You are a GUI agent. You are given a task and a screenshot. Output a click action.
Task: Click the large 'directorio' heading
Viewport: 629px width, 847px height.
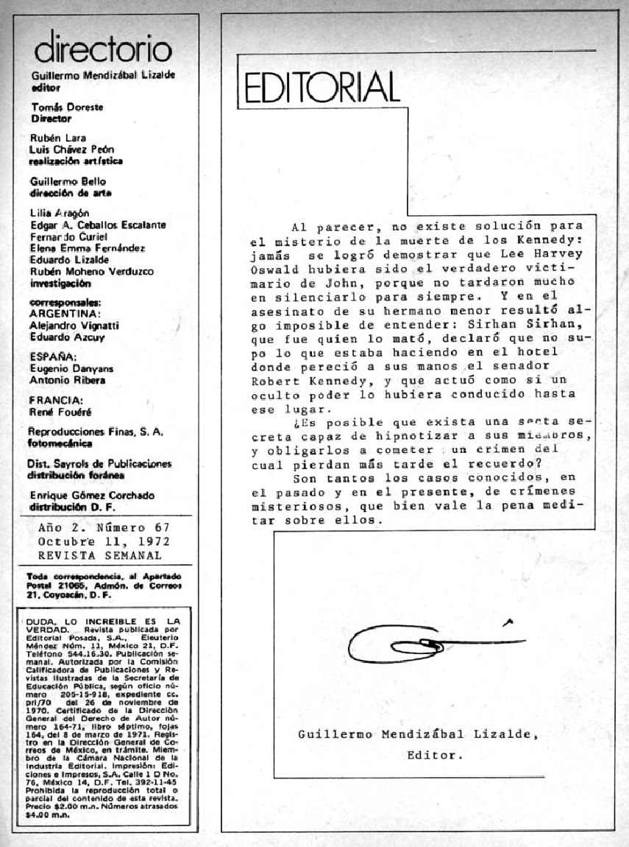[x=102, y=49]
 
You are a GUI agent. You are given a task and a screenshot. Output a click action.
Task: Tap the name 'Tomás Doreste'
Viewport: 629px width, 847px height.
[x=61, y=107]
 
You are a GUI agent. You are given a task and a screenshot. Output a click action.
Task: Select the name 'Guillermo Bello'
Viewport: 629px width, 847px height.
[x=68, y=181]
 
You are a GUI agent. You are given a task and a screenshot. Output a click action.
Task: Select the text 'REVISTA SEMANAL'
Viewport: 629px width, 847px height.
[x=100, y=555]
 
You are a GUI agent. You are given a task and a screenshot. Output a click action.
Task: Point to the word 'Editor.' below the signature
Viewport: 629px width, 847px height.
[x=435, y=754]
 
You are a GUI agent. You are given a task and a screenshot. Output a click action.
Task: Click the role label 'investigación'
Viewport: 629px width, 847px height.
[x=60, y=282]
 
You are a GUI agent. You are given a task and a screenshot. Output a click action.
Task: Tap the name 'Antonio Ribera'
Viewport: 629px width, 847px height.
[x=67, y=380]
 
